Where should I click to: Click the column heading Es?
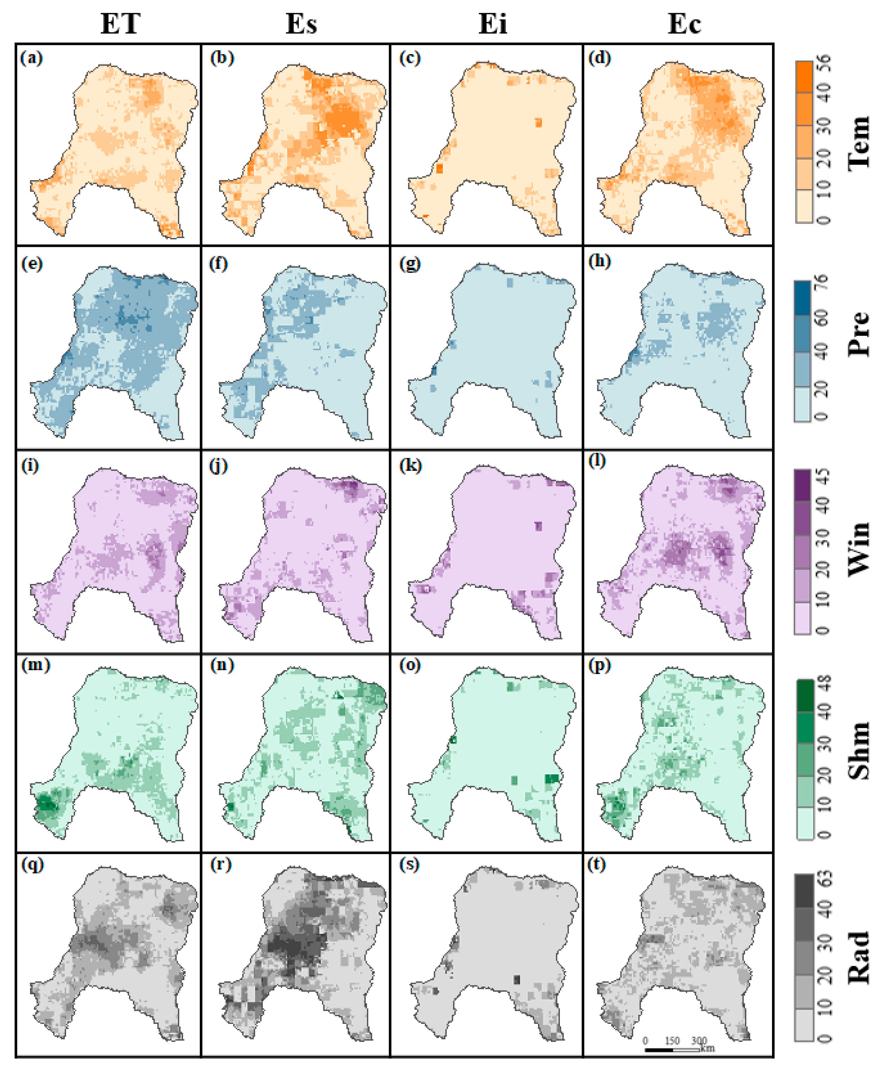pos(301,24)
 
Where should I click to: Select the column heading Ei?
pos(492,24)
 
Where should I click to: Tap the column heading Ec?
pos(684,24)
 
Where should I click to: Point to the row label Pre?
pos(859,333)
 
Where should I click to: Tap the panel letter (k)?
pos(410,466)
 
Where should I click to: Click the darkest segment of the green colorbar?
pos(805,696)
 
